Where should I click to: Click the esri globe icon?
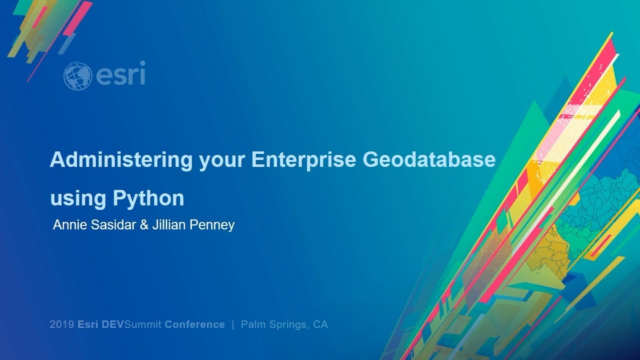pos(77,75)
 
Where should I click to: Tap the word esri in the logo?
pos(120,74)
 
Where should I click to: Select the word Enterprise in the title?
pos(303,160)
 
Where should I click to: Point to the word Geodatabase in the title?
pos(429,160)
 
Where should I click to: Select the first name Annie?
pos(68,225)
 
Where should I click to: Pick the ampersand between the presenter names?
pos(144,225)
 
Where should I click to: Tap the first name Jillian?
pos(169,225)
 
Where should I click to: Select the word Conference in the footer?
pos(194,324)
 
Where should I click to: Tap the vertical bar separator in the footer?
pos(233,324)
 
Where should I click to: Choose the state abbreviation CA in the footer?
pos(320,324)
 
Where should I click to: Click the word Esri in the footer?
pos(88,324)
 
